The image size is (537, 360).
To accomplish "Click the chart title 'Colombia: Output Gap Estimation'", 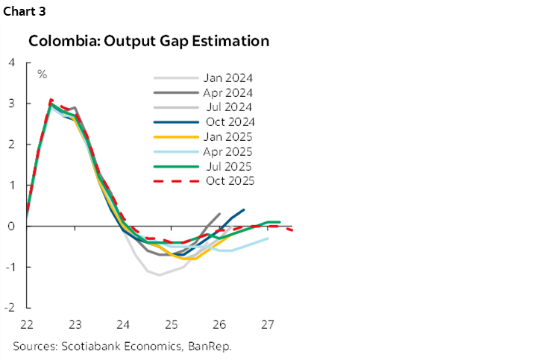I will click(x=148, y=41).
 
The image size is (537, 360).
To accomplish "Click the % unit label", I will click(x=43, y=74).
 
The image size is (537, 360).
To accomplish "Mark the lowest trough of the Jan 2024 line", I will click(x=159, y=275).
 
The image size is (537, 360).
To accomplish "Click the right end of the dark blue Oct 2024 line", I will click(x=244, y=210).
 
